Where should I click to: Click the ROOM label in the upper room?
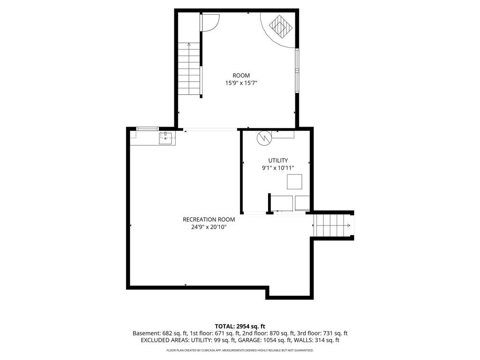241,75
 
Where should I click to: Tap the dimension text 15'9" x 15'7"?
241,83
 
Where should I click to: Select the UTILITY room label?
278,160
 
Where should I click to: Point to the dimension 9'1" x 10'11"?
278,168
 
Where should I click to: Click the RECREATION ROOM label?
209,219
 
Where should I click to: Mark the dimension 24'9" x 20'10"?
209,227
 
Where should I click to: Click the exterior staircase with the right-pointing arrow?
333,225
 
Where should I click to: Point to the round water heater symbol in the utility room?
264,138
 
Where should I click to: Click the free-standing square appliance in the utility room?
294,182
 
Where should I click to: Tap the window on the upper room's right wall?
297,70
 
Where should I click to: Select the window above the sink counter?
147,128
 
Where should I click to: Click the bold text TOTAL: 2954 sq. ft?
240,326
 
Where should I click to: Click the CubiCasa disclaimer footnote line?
240,350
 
